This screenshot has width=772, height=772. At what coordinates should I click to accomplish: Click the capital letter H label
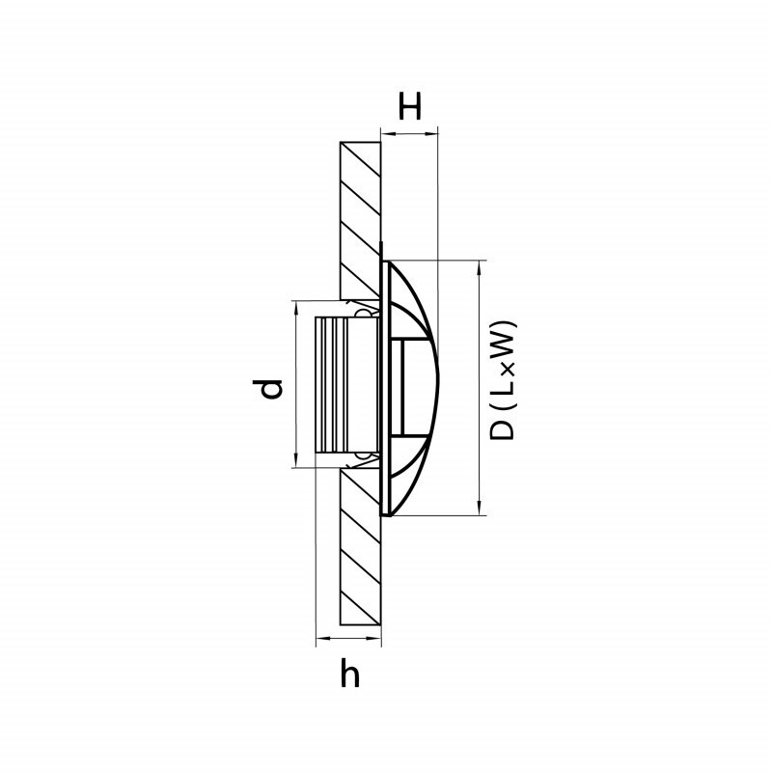pyautogui.click(x=409, y=107)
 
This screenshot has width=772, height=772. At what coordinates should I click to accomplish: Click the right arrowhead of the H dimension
pyautogui.click(x=431, y=132)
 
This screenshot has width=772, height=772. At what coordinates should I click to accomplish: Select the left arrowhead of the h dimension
pyautogui.click(x=322, y=639)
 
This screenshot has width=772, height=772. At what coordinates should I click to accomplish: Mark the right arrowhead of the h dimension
pyautogui.click(x=374, y=639)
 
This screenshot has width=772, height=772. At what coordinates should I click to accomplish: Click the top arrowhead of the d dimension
pyautogui.click(x=296, y=307)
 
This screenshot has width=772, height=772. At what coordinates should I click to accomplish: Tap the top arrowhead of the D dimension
pyautogui.click(x=479, y=267)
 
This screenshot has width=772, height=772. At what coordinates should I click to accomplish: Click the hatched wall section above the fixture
pyautogui.click(x=360, y=221)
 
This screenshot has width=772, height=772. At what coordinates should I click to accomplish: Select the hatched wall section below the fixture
pyautogui.click(x=360, y=546)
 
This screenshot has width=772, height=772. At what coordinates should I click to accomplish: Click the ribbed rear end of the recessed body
pyautogui.click(x=331, y=384)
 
